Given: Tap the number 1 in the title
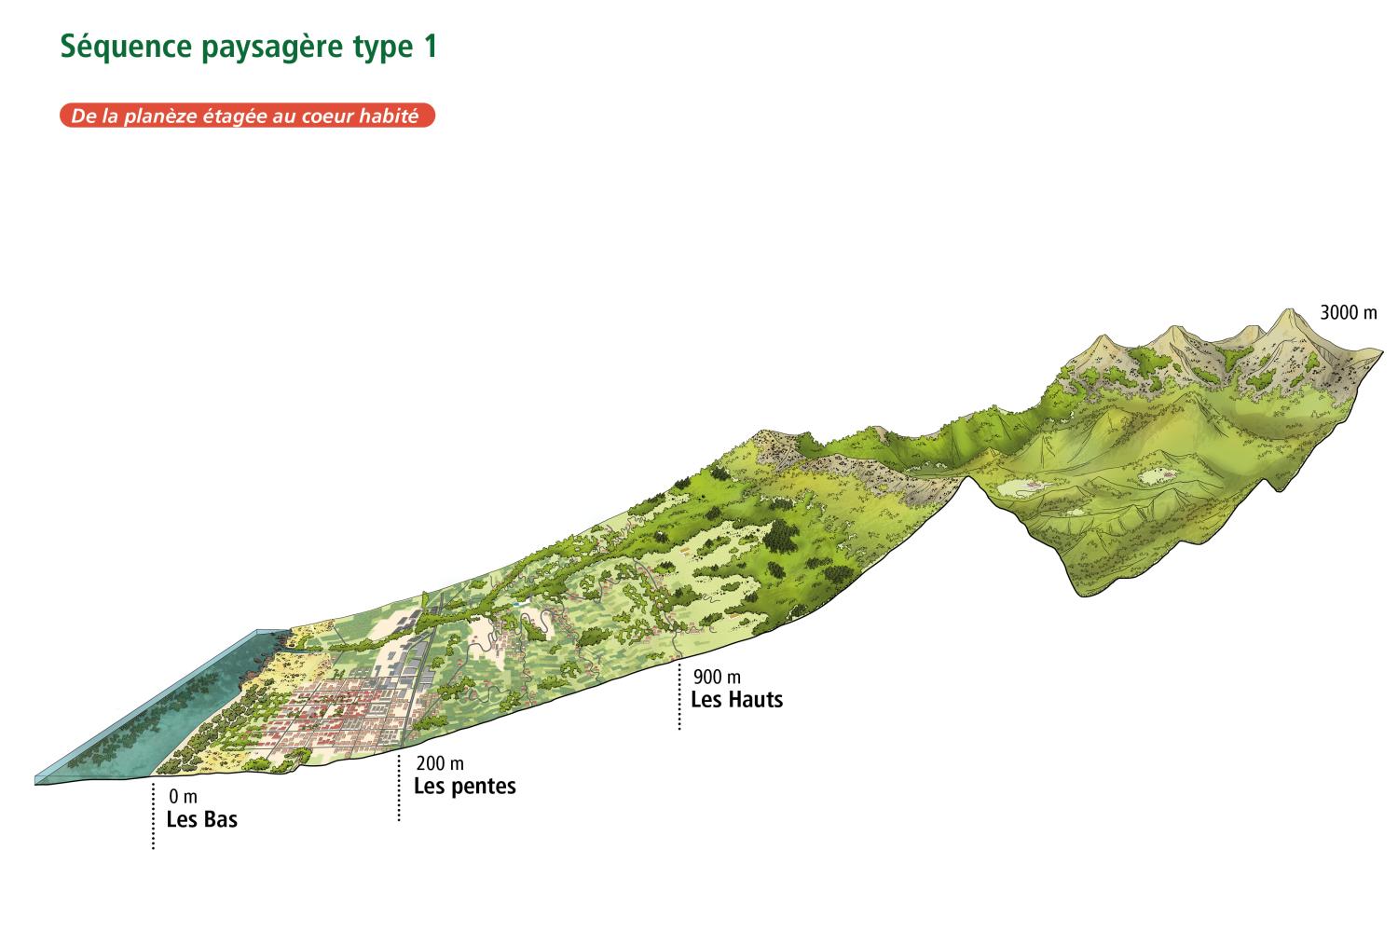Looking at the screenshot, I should pyautogui.click(x=429, y=47).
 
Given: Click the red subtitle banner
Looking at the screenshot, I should pyautogui.click(x=247, y=116).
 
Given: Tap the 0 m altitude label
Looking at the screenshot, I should pyautogui.click(x=184, y=798).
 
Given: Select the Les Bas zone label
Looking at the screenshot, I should pyautogui.click(x=201, y=820).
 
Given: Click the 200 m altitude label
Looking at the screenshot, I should pyautogui.click(x=438, y=765).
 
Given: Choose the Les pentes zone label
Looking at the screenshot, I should pyautogui.click(x=464, y=787).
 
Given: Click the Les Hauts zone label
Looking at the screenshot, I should pyautogui.click(x=736, y=699).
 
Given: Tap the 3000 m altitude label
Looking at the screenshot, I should pyautogui.click(x=1348, y=313).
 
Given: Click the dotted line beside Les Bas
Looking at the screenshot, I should pyautogui.click(x=154, y=815).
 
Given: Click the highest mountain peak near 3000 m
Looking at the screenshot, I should pyautogui.click(x=1291, y=312).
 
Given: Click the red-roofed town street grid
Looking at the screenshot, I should pyautogui.click(x=326, y=713).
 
